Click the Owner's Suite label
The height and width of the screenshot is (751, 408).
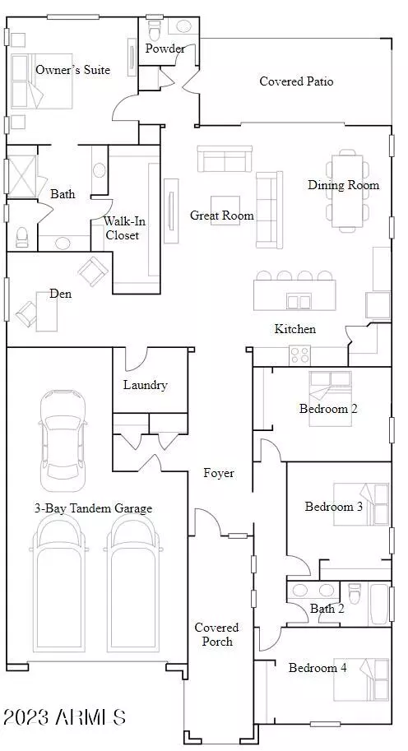click(72, 70)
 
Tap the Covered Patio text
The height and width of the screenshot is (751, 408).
click(296, 81)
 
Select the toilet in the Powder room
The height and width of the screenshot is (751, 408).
click(154, 29)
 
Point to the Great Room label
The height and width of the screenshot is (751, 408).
click(222, 216)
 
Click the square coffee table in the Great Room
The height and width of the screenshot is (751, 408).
click(225, 210)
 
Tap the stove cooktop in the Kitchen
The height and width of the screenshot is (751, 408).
click(299, 355)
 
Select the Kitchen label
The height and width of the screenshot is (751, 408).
click(295, 329)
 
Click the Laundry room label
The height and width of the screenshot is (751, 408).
click(145, 385)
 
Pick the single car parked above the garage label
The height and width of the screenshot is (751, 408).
click(63, 441)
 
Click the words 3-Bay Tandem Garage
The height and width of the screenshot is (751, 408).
click(93, 508)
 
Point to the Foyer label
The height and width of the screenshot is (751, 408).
click(219, 473)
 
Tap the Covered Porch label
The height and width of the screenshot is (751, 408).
click(216, 634)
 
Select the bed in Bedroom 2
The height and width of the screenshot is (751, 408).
click(330, 398)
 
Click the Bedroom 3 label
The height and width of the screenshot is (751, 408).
click(334, 506)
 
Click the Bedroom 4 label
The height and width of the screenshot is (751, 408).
click(318, 668)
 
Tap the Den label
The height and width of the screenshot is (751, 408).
click(61, 294)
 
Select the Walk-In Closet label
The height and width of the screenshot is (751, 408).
click(122, 229)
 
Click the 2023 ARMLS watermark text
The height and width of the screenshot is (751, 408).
click(65, 717)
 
